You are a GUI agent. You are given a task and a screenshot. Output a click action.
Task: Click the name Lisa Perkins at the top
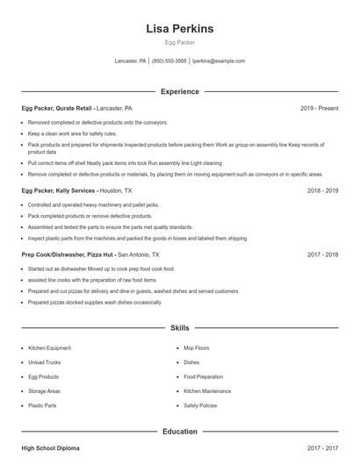179,29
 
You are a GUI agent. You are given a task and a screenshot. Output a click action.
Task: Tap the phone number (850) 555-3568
169,61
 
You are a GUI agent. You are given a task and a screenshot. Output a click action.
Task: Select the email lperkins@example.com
219,61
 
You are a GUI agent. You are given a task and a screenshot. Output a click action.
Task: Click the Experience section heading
180,91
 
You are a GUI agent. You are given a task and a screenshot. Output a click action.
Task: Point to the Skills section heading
180,327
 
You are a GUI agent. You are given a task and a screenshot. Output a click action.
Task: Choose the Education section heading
180,432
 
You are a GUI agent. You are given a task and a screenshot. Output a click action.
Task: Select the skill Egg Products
44,377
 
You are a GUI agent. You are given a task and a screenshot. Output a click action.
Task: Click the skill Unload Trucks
44,362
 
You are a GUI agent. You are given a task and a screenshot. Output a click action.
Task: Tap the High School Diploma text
50,448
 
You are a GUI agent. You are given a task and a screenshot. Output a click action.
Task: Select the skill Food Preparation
204,377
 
